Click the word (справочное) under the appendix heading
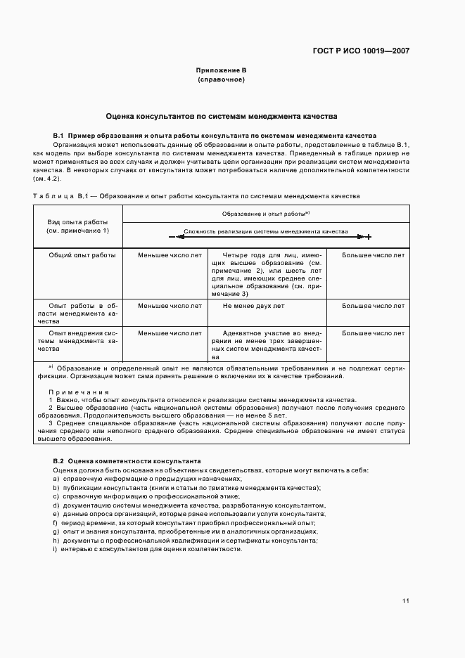pyautogui.click(x=221, y=80)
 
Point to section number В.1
pyautogui.click(x=58, y=135)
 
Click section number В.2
pyautogui.click(x=58, y=461)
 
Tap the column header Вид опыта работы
pyautogui.click(x=77, y=221)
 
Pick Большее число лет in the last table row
pyautogui.click(x=373, y=333)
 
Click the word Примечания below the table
pyautogui.click(x=79, y=392)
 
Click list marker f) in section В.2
pyautogui.click(x=55, y=523)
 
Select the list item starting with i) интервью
pyautogui.click(x=148, y=549)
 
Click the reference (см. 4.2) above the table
pyautogui.click(x=65, y=179)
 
